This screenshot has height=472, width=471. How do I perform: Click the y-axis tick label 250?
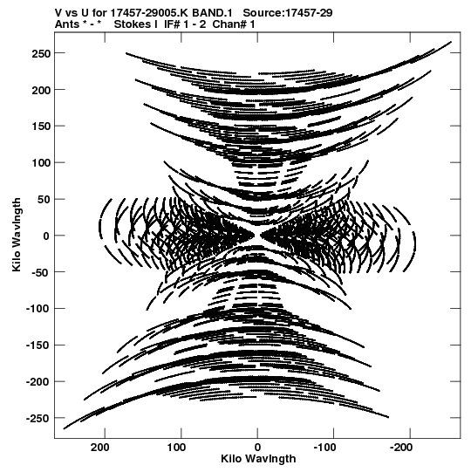[x=41, y=53]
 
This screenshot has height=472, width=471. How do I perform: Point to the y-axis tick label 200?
[x=41, y=90]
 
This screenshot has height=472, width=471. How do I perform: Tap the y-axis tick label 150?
[x=41, y=127]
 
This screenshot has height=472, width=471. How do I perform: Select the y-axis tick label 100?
[x=41, y=163]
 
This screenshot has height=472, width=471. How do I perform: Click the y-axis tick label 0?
[x=46, y=236]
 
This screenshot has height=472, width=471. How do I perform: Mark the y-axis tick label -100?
[x=38, y=309]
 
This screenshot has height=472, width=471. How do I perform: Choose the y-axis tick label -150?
[x=38, y=345]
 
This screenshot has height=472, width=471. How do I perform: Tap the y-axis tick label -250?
[x=38, y=419]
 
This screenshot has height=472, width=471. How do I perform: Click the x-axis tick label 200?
[x=100, y=448]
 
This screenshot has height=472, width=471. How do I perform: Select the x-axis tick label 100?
[x=177, y=448]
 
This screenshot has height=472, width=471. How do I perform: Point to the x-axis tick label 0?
[x=257, y=448]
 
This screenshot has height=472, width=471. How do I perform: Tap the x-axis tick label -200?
[x=401, y=448]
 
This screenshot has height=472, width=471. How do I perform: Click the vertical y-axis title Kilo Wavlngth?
[x=17, y=235]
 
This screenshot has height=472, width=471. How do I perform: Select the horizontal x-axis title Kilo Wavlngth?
[x=258, y=460]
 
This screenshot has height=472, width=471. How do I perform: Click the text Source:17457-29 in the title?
[x=288, y=13]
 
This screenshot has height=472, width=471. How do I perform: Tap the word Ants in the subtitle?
[x=67, y=24]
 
